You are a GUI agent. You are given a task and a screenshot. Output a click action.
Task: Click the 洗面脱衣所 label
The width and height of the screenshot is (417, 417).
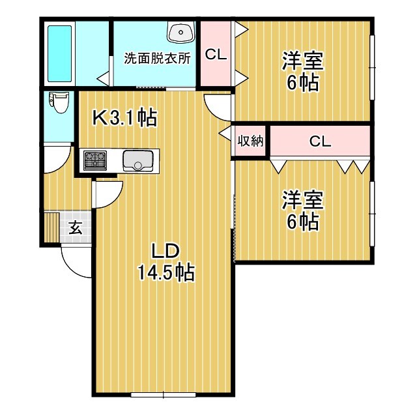pyautogui.click(x=157, y=57)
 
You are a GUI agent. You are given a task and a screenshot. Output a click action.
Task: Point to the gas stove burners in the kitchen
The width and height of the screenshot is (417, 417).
pyautogui.click(x=94, y=158)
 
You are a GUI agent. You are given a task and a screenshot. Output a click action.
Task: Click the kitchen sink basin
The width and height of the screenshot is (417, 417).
pyautogui.click(x=137, y=159)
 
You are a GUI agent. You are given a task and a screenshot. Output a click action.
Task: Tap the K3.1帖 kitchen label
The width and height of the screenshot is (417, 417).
pyautogui.click(x=124, y=117)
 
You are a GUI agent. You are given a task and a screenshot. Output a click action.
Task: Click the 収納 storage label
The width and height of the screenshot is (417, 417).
pyautogui.click(x=250, y=141)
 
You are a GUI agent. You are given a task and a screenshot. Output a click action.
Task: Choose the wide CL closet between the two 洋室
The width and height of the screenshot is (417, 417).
pyautogui.click(x=319, y=141)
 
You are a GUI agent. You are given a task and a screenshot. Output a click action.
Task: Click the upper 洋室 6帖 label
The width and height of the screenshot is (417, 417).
pyautogui.click(x=302, y=70)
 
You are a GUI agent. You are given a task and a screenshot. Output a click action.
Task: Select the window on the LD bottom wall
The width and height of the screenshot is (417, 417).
pyautogui.click(x=163, y=394)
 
